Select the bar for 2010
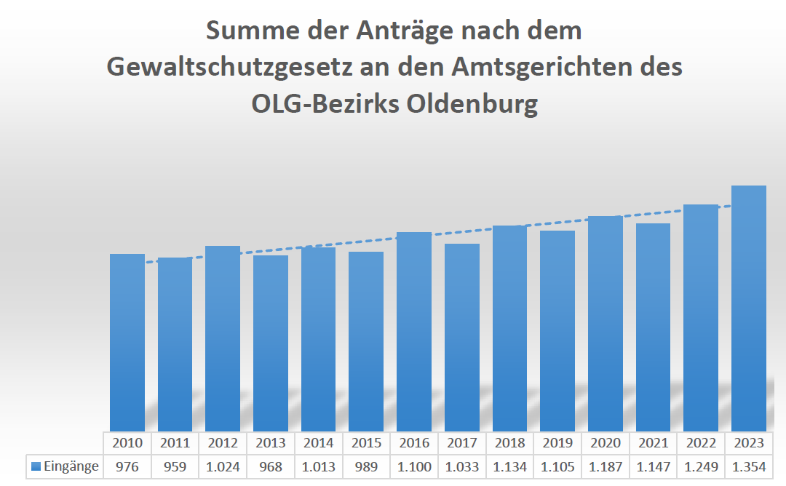point(127,342)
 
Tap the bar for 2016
point(414,331)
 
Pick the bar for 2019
point(557,330)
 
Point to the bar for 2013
point(271,343)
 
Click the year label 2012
point(223,442)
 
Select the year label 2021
point(653,442)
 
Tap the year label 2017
point(462,442)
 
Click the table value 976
point(127,466)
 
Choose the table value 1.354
point(749,466)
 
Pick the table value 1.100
point(414,466)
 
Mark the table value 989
point(366,466)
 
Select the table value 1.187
point(606,466)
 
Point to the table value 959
point(175,466)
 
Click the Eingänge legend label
point(71,466)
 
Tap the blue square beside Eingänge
point(36,467)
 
